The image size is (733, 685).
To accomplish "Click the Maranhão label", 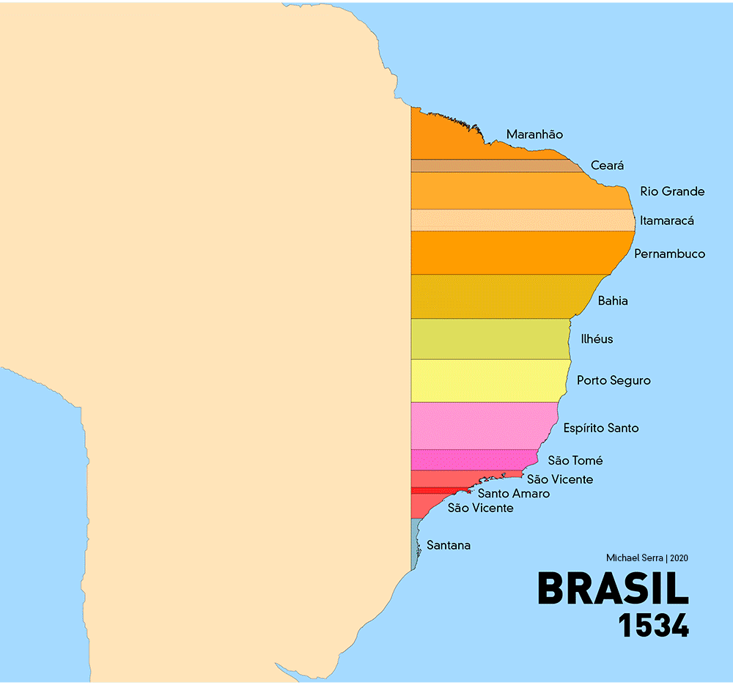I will tap(534, 135).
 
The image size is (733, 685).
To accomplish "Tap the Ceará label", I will tap(607, 166).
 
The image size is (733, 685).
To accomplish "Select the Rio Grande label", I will tap(672, 192).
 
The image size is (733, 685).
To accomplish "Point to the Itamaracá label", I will tap(666, 221).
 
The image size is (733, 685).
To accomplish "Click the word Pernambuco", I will tap(669, 254).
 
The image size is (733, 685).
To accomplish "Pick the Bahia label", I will tap(613, 300).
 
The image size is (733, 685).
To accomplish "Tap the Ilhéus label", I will tap(597, 339).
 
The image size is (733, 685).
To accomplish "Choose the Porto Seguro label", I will tap(614, 381).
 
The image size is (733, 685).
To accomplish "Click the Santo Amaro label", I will tap(513, 494).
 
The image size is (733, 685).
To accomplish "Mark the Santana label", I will tap(449, 546).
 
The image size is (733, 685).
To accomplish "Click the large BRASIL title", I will tap(613, 589).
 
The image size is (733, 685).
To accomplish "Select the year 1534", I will tap(653, 626).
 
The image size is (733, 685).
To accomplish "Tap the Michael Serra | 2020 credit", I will tap(647, 558).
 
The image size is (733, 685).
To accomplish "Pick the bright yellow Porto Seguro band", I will tap(487, 381).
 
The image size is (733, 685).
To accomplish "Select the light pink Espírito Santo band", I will tap(480, 426).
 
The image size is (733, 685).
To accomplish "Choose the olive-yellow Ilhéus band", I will tap(487, 339).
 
